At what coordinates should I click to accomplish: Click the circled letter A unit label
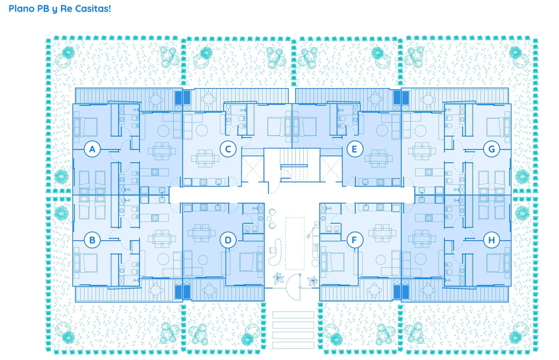(92, 149)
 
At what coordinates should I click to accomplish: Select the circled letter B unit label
(92, 240)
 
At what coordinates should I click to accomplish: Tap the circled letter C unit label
(228, 149)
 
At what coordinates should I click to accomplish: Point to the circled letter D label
(228, 240)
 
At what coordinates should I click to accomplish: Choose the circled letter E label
(354, 149)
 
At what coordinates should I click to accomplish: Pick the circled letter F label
(354, 240)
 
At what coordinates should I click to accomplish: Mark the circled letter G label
(491, 149)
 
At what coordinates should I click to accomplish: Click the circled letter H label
(491, 240)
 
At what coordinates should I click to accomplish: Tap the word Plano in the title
(21, 8)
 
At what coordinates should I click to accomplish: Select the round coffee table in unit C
(202, 130)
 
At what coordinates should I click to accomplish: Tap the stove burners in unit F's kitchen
(380, 207)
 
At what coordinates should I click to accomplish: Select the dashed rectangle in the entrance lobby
(295, 243)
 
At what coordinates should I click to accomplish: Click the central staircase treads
(293, 165)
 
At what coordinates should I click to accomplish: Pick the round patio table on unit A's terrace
(155, 100)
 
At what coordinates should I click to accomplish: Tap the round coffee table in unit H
(421, 259)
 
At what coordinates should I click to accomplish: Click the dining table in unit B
(162, 238)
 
